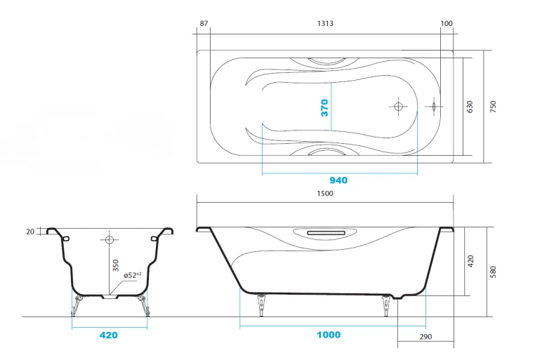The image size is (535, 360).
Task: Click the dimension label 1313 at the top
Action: pyautogui.click(x=325, y=23)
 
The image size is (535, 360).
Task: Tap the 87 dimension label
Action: pyautogui.click(x=204, y=23)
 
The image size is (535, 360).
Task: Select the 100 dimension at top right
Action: pyautogui.click(x=447, y=23)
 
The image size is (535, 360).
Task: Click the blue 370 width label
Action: pyautogui.click(x=324, y=108)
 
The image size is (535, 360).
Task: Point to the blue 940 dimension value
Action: pyautogui.click(x=338, y=180)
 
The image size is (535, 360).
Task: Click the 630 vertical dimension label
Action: pyautogui.click(x=470, y=107)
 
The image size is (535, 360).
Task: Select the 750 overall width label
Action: pyautogui.click(x=493, y=107)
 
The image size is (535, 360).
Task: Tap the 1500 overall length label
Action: pyautogui.click(x=325, y=193)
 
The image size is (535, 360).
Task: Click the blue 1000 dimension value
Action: pyautogui.click(x=329, y=335)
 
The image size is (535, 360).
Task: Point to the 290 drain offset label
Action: pyautogui.click(x=425, y=337)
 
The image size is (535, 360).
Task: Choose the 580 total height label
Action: pyautogui.click(x=493, y=272)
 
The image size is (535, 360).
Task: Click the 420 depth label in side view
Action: pyautogui.click(x=470, y=261)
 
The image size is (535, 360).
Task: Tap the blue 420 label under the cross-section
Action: pyautogui.click(x=109, y=335)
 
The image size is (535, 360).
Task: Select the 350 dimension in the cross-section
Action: pyautogui.click(x=116, y=265)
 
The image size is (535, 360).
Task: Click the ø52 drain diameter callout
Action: pyautogui.click(x=133, y=275)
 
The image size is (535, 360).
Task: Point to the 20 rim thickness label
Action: pyautogui.click(x=30, y=232)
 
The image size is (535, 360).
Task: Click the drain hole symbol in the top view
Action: pyautogui.click(x=398, y=107)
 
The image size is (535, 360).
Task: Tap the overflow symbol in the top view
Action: pyautogui.click(x=434, y=107)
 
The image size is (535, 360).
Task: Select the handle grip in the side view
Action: pyautogui.click(x=326, y=233)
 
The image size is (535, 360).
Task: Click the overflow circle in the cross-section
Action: pyautogui.click(x=110, y=240)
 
